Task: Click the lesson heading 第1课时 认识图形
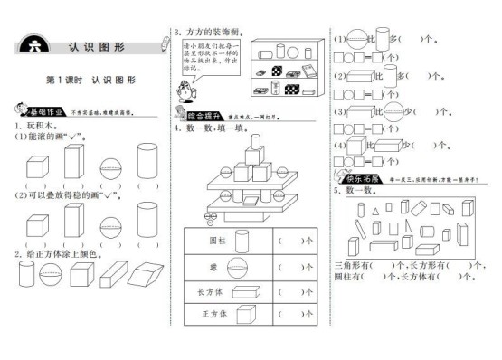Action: click(90, 80)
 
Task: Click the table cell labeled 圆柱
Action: click(217, 242)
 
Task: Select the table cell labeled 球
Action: click(217, 267)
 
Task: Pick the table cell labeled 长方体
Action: click(217, 291)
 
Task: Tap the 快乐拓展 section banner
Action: click(357, 178)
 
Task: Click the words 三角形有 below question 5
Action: click(349, 265)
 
